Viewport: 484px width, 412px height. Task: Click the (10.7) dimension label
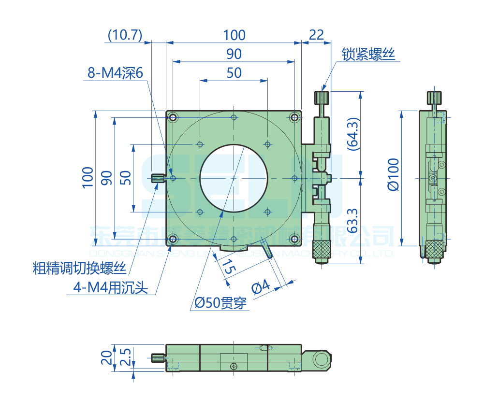click(x=125, y=35)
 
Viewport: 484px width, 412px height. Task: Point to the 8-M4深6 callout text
click(x=116, y=73)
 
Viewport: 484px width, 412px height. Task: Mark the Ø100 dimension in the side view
click(x=394, y=174)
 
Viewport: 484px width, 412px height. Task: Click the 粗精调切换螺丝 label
click(x=79, y=268)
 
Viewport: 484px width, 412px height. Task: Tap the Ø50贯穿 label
click(x=220, y=303)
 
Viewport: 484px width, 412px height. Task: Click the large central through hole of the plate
click(x=234, y=178)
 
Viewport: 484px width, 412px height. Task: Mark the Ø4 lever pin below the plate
click(x=267, y=251)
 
